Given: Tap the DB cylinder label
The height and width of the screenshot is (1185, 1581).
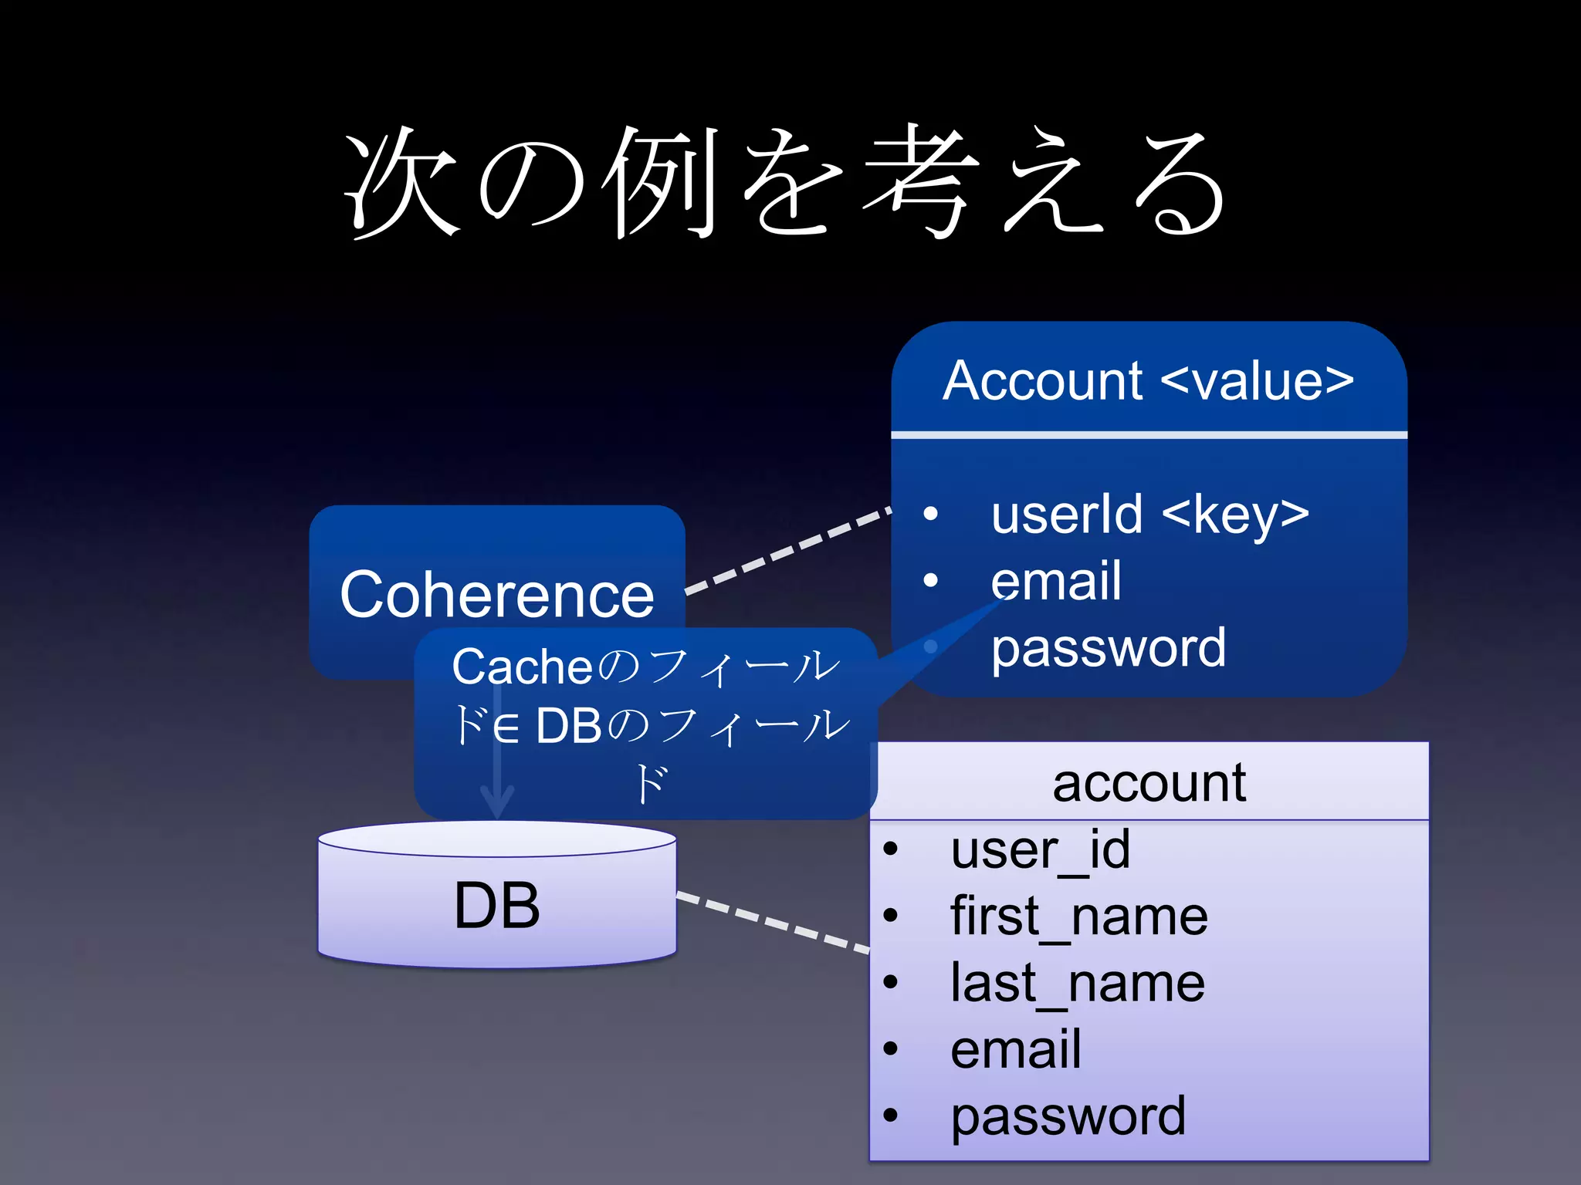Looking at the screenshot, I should (x=497, y=904).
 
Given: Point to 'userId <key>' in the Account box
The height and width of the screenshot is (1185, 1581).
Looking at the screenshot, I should (x=1150, y=515).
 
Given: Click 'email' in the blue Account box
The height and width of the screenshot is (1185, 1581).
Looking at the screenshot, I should (x=1056, y=581).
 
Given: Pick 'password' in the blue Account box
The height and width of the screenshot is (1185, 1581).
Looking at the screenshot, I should (x=1109, y=647).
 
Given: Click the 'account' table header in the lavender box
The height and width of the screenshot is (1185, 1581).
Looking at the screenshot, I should (x=1149, y=783).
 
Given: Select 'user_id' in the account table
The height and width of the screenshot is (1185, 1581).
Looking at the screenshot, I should (x=1041, y=850).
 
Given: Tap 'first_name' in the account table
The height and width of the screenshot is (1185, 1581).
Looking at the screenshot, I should (x=1079, y=917).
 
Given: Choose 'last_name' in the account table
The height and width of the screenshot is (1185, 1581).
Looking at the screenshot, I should (x=1078, y=984).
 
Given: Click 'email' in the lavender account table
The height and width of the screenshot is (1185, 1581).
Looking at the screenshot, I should (x=1016, y=1050).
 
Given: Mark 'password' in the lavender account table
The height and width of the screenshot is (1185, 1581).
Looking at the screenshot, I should (x=1068, y=1116).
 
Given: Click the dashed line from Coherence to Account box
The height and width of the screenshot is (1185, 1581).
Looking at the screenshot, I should (x=787, y=550).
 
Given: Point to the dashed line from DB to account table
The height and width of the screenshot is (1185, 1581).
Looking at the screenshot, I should (x=772, y=923).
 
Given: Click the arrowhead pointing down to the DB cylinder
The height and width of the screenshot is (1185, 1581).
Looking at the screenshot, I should (x=497, y=802).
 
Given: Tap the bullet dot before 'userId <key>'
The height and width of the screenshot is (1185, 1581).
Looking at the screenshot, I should (x=931, y=513).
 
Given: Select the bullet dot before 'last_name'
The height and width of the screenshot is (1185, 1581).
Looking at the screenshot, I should (x=891, y=982).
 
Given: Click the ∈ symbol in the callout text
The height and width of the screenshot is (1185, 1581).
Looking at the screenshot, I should (x=506, y=728).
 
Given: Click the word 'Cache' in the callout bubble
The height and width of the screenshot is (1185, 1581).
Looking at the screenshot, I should (x=522, y=667).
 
